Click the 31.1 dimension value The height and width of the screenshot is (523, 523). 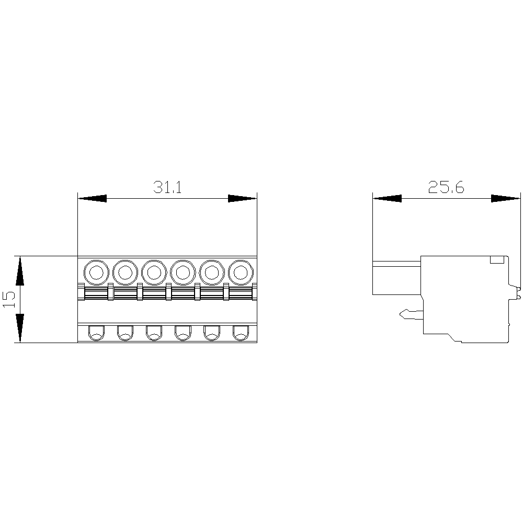[167, 187]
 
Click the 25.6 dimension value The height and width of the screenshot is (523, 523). [446, 187]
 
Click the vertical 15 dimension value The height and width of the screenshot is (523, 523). [9, 299]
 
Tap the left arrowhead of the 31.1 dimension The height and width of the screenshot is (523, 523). [93, 198]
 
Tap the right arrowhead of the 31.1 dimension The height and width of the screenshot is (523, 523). [243, 198]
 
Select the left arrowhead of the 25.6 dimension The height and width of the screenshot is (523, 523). [387, 198]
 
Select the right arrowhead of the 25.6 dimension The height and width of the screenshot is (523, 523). [506, 198]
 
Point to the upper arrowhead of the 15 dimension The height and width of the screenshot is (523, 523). [20, 270]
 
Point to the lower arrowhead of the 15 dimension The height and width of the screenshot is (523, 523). [20, 328]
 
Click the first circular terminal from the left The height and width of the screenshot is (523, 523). [96, 273]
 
